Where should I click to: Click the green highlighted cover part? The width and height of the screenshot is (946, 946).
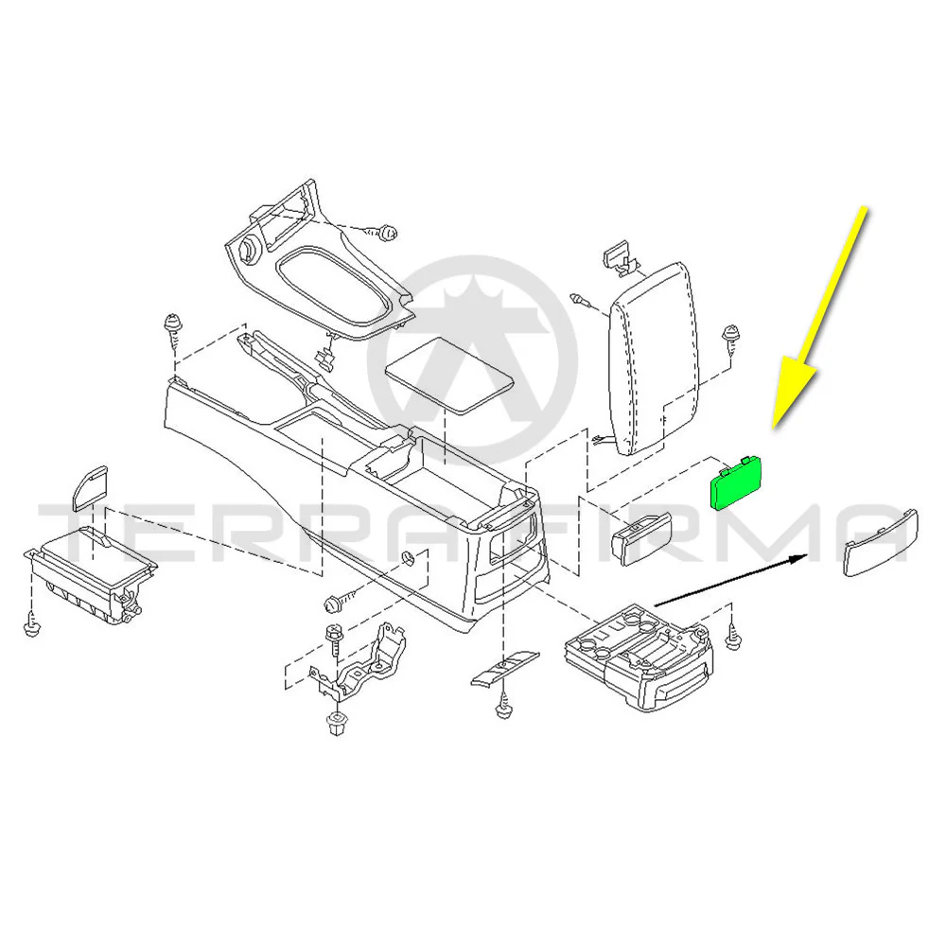pos(737,482)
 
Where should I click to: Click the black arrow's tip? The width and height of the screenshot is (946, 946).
pos(808,555)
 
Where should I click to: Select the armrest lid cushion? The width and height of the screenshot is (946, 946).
pos(653,359)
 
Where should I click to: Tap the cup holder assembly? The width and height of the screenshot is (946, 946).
pos(639,657)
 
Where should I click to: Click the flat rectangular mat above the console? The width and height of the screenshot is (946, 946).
pos(449,376)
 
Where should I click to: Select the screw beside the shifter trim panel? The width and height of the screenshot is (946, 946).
pos(386,233)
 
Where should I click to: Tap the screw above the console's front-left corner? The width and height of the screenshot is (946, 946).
pos(173,330)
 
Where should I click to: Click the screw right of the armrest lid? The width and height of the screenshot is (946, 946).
pos(731,339)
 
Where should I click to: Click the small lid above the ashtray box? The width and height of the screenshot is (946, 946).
pos(90,488)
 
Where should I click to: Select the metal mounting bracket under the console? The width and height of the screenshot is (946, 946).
pos(358,661)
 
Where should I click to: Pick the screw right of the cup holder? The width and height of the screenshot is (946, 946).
pos(732,637)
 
